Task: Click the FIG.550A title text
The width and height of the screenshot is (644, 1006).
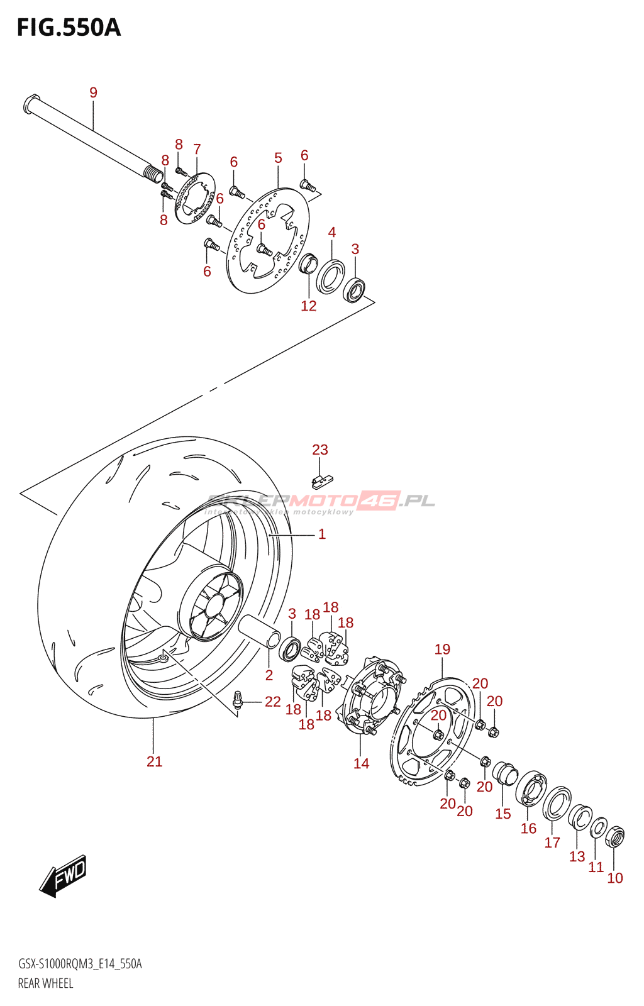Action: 69,28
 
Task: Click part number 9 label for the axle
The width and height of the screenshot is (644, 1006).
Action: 93,93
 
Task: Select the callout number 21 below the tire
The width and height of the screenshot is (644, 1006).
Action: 154,761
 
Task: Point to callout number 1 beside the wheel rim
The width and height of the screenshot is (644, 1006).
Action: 321,534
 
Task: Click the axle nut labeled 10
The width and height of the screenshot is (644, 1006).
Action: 614,837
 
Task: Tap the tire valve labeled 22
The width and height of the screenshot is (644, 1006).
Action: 238,700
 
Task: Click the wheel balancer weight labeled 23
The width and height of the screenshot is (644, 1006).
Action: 321,481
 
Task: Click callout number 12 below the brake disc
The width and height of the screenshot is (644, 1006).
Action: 308,306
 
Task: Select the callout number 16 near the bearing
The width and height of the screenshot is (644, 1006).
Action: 528,828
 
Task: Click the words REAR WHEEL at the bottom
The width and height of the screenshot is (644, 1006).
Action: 45,983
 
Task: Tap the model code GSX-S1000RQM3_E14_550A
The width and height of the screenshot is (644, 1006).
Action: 80,964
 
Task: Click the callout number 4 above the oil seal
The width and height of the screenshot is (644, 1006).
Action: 331,233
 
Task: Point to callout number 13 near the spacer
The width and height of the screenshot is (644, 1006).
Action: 577,856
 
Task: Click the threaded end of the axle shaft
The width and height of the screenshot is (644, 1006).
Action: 153,174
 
